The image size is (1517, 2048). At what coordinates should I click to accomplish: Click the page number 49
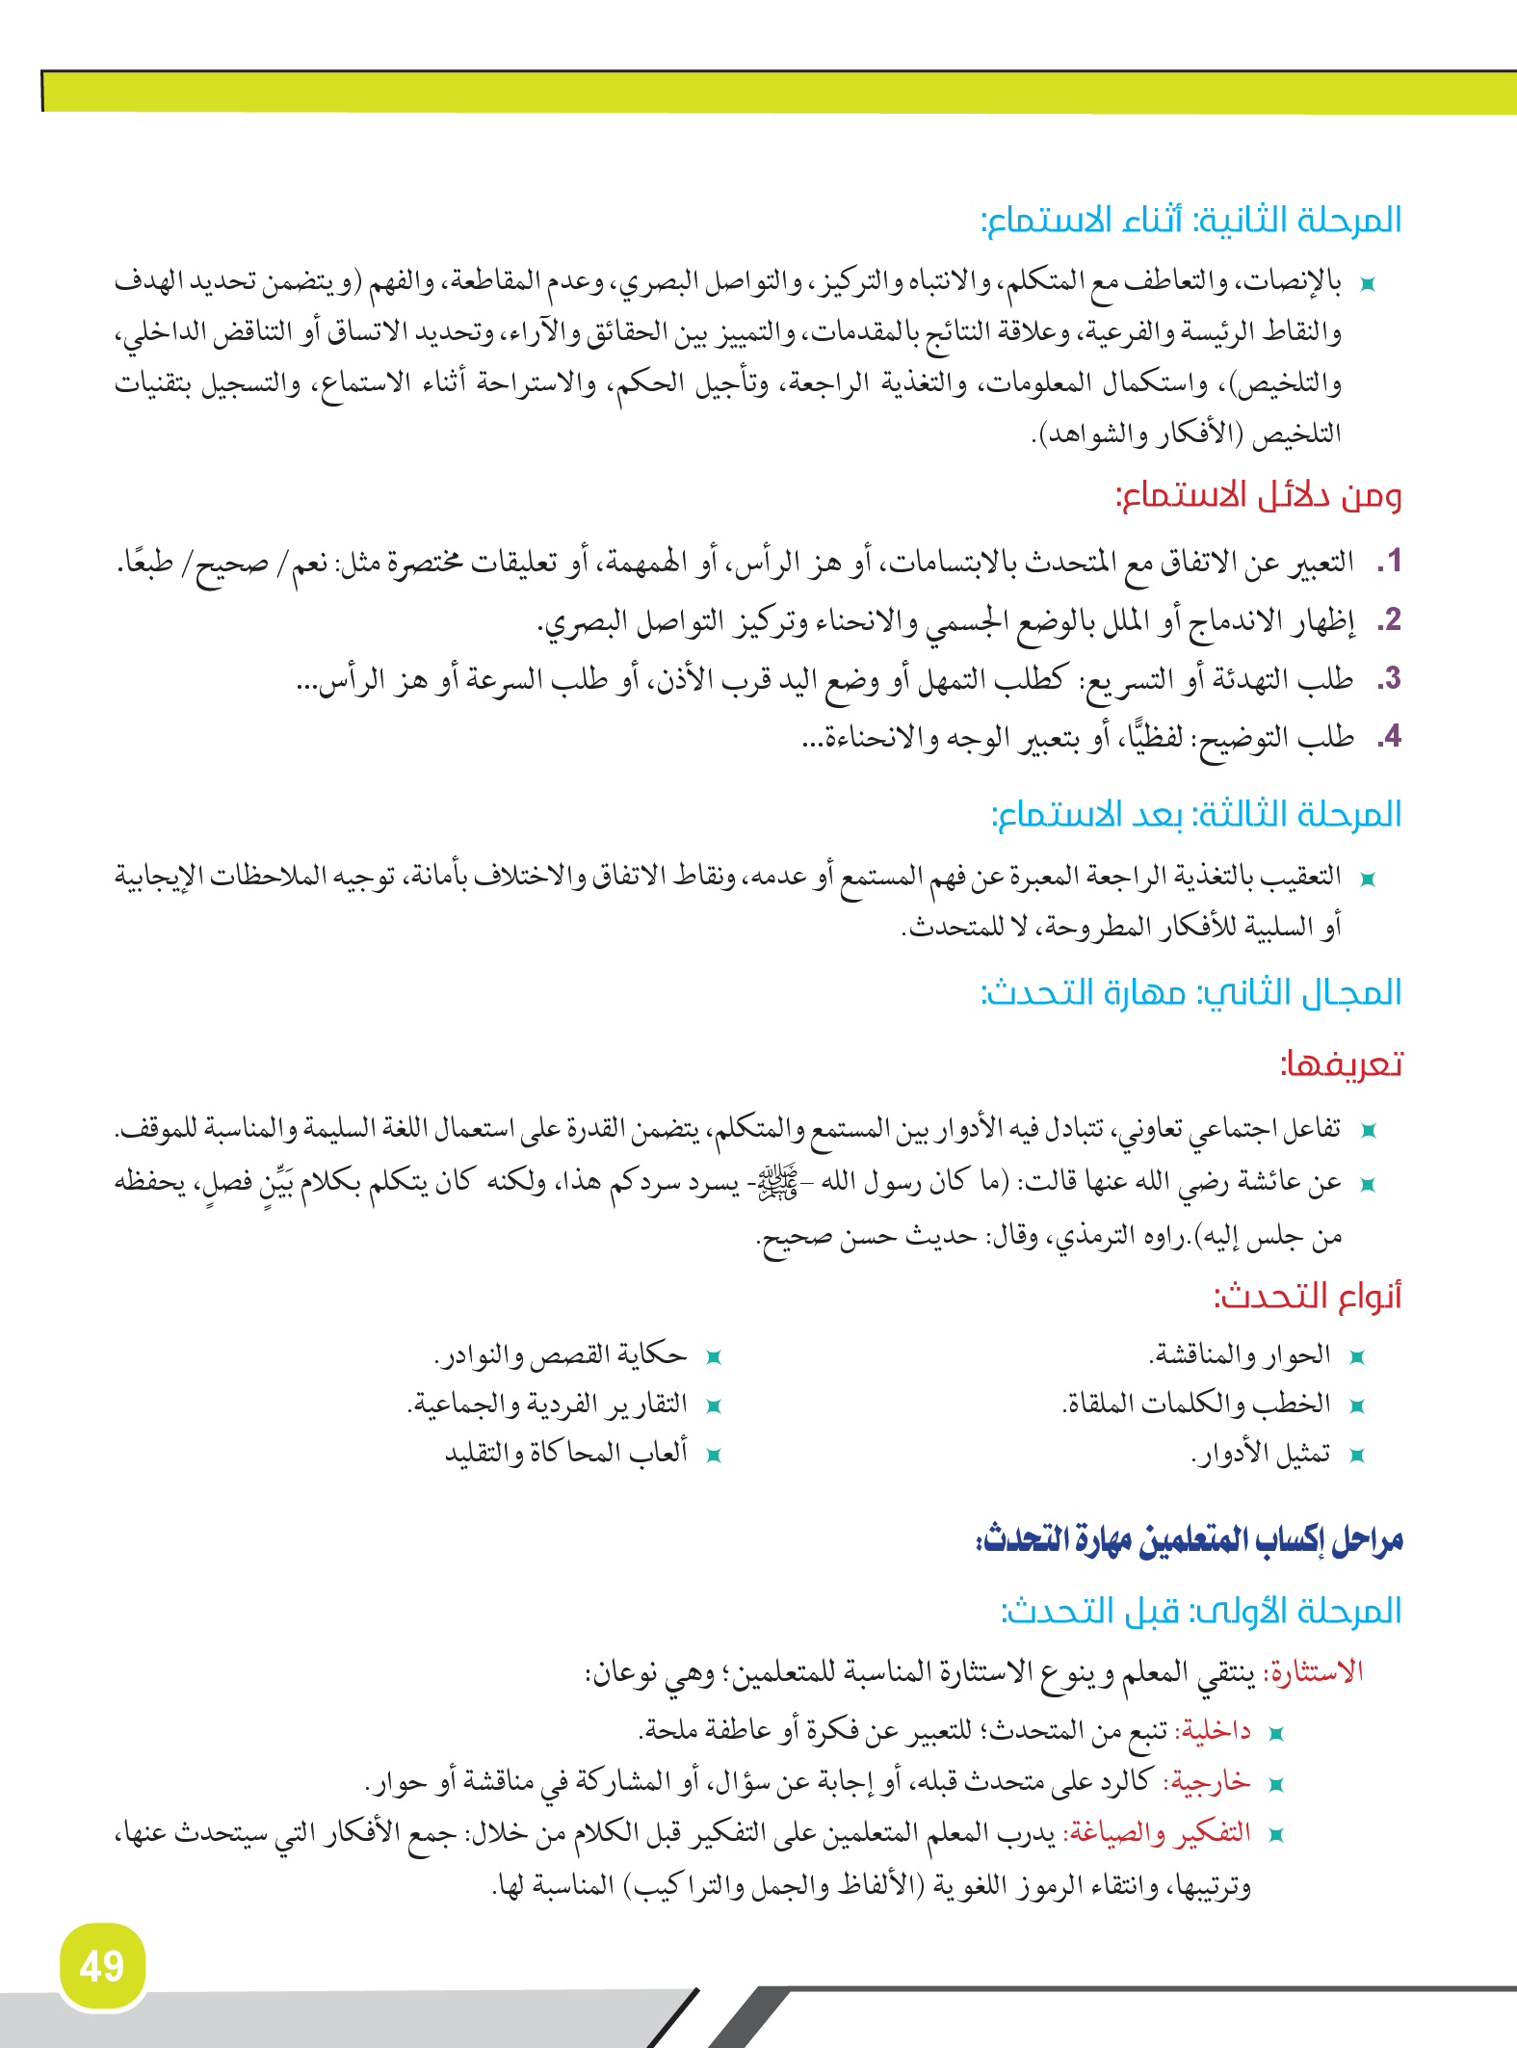pos(101,1966)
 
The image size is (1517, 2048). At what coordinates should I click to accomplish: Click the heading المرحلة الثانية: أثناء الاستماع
pos(1191,221)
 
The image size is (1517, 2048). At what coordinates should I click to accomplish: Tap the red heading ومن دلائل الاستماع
pos(1258,497)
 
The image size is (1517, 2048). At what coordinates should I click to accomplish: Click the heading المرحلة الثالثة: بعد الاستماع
pos(1196,815)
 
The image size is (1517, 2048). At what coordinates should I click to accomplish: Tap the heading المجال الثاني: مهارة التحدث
pos(1191,993)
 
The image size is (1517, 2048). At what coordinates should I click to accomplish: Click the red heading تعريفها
pos(1341,1064)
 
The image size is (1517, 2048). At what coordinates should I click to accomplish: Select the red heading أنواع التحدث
pos(1307,1297)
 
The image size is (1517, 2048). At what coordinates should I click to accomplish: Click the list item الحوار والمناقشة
pos(1240,1355)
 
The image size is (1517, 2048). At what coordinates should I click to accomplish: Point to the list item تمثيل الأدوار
pos(1261,1454)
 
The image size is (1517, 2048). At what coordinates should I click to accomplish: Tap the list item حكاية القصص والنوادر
pos(561,1355)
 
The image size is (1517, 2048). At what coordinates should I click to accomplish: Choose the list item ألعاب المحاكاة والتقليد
pos(566,1453)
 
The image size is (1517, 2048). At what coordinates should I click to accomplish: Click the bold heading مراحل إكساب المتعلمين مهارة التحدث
pos(1190,1539)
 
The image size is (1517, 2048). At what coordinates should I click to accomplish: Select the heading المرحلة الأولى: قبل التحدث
pos(1201,1611)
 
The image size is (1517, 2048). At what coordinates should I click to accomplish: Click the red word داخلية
pos(1216,1731)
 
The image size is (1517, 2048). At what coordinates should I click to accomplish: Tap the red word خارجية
pos(1207,1781)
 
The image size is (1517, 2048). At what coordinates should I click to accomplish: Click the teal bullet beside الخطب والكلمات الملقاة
pos(1357,1406)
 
